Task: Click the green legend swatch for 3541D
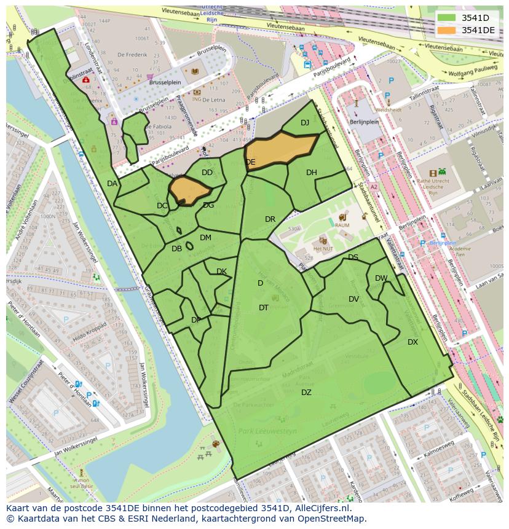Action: pyautogui.click(x=447, y=18)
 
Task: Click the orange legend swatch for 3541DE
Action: pyautogui.click(x=447, y=30)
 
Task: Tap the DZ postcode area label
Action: pyautogui.click(x=306, y=393)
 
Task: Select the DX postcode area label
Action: pyautogui.click(x=412, y=342)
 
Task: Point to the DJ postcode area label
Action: pyautogui.click(x=305, y=123)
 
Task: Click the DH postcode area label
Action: pyautogui.click(x=312, y=173)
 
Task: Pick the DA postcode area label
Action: pyautogui.click(x=112, y=184)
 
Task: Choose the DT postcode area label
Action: pyautogui.click(x=264, y=308)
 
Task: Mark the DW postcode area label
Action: pyautogui.click(x=381, y=278)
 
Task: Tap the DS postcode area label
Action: pyautogui.click(x=353, y=257)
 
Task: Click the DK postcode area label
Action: pyautogui.click(x=221, y=272)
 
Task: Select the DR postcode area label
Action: pyautogui.click(x=270, y=219)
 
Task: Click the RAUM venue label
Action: pyautogui.click(x=342, y=225)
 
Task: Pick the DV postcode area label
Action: pyautogui.click(x=353, y=299)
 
